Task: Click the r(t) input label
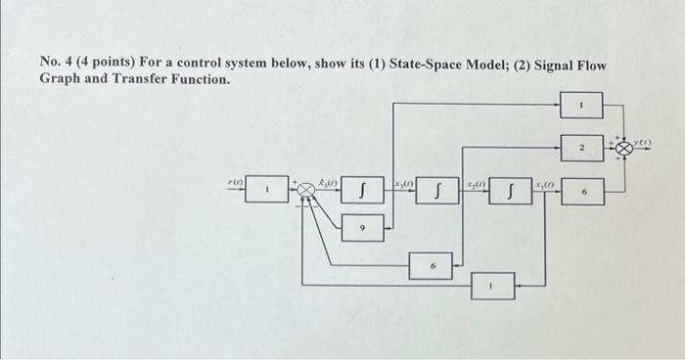tap(234, 181)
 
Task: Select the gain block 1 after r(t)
tap(266, 189)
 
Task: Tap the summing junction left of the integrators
tap(307, 190)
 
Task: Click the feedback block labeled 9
tap(362, 227)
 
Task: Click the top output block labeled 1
tap(581, 103)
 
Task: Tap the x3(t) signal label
tap(401, 184)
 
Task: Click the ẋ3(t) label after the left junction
tap(329, 182)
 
